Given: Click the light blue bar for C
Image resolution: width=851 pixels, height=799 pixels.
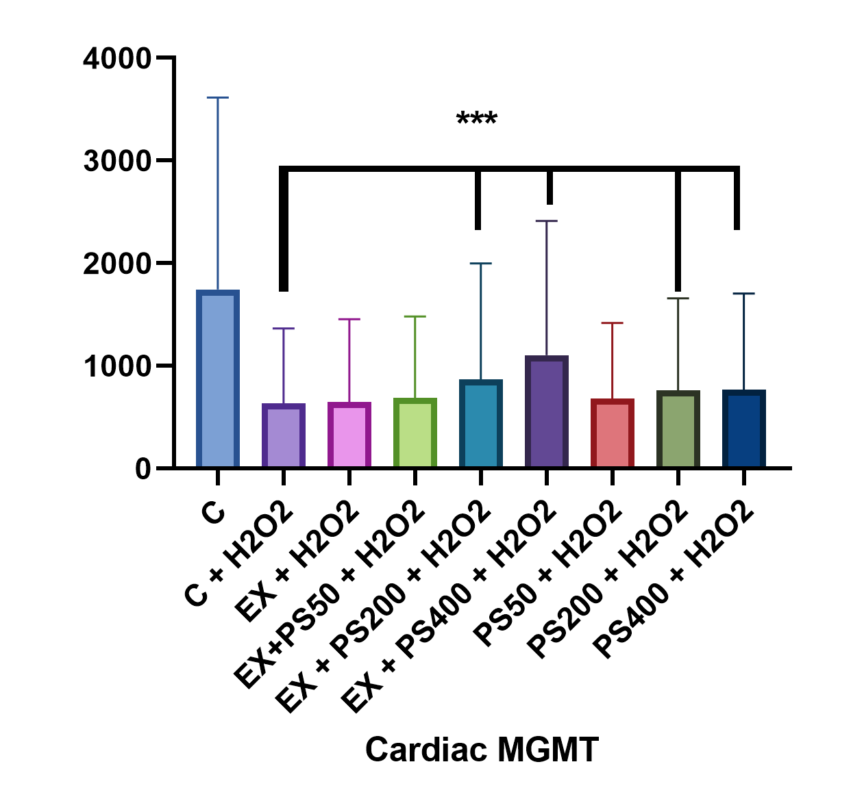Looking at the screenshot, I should pos(218,380).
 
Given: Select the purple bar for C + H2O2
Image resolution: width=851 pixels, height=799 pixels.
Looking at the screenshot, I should pos(284,436).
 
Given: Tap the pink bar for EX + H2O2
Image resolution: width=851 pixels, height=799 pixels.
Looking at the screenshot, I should pos(349,435).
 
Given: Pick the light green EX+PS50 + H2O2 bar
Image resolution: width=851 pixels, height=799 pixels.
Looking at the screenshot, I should pos(415,433).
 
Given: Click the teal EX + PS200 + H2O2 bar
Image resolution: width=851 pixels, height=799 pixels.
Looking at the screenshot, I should pos(481,424).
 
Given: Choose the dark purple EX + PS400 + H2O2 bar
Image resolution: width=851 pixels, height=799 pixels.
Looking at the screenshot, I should pos(547,412).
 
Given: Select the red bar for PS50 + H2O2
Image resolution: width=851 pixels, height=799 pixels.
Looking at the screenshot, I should pos(613,433).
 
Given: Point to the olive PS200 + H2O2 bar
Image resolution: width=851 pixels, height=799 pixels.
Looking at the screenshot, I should pos(678,429).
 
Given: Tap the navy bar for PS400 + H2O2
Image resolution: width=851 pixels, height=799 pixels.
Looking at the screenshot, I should pos(744,429).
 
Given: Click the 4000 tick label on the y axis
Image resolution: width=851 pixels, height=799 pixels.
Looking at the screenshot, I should pos(116,59).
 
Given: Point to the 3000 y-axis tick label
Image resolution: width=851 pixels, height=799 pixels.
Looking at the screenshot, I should pos(116,162).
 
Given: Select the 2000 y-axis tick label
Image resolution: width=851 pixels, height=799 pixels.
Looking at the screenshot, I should pos(116,264).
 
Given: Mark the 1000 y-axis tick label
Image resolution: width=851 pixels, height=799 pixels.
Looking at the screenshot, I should pos(116,367).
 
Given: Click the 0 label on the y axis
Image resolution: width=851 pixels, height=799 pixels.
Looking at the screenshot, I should pos(143,470).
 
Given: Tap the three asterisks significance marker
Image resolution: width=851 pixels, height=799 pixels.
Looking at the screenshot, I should pos(477,119).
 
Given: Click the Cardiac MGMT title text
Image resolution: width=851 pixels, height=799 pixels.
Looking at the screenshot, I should pos(482,749).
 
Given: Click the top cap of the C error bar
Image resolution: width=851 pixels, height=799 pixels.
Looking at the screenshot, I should pos(218,98).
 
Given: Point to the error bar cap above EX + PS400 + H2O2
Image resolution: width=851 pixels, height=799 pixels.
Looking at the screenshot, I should pos(547,221).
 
